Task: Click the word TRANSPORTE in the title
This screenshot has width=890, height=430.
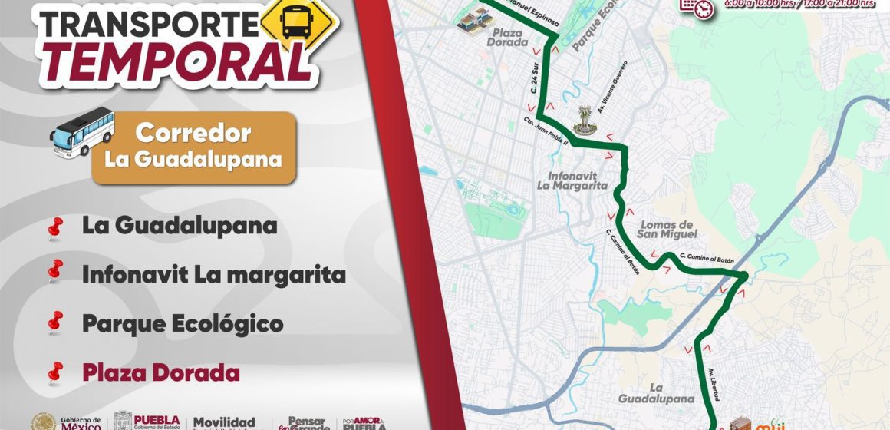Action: [x=146, y=25]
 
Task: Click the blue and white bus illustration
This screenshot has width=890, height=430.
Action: [x=82, y=132]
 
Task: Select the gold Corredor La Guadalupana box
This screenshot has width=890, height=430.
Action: [x=193, y=147]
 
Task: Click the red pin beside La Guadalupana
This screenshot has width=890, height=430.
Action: [x=54, y=227]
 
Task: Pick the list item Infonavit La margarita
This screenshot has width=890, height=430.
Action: [x=214, y=274]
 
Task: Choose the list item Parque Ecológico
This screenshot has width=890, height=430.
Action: [x=183, y=323]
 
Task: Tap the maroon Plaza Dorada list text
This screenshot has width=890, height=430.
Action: [x=160, y=373]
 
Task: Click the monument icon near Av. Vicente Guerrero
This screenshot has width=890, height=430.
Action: [x=584, y=120]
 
